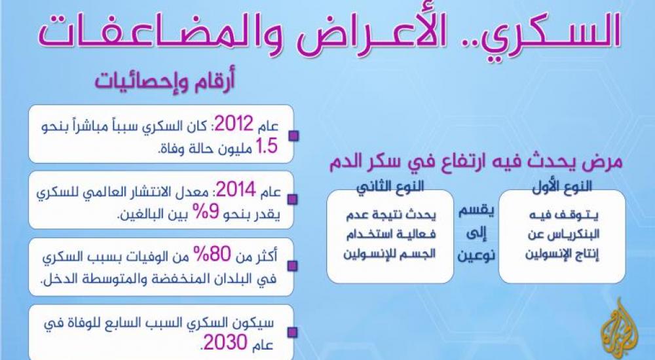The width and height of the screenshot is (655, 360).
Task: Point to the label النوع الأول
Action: [562, 187]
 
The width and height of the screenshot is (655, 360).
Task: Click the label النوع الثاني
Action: [390, 187]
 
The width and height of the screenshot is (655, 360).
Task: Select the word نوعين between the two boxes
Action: [476, 254]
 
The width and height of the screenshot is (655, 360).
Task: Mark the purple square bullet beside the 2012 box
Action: [293, 136]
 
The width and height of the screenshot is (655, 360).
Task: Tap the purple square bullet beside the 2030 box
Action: [293, 333]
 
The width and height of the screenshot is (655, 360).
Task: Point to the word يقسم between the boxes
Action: [477, 211]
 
